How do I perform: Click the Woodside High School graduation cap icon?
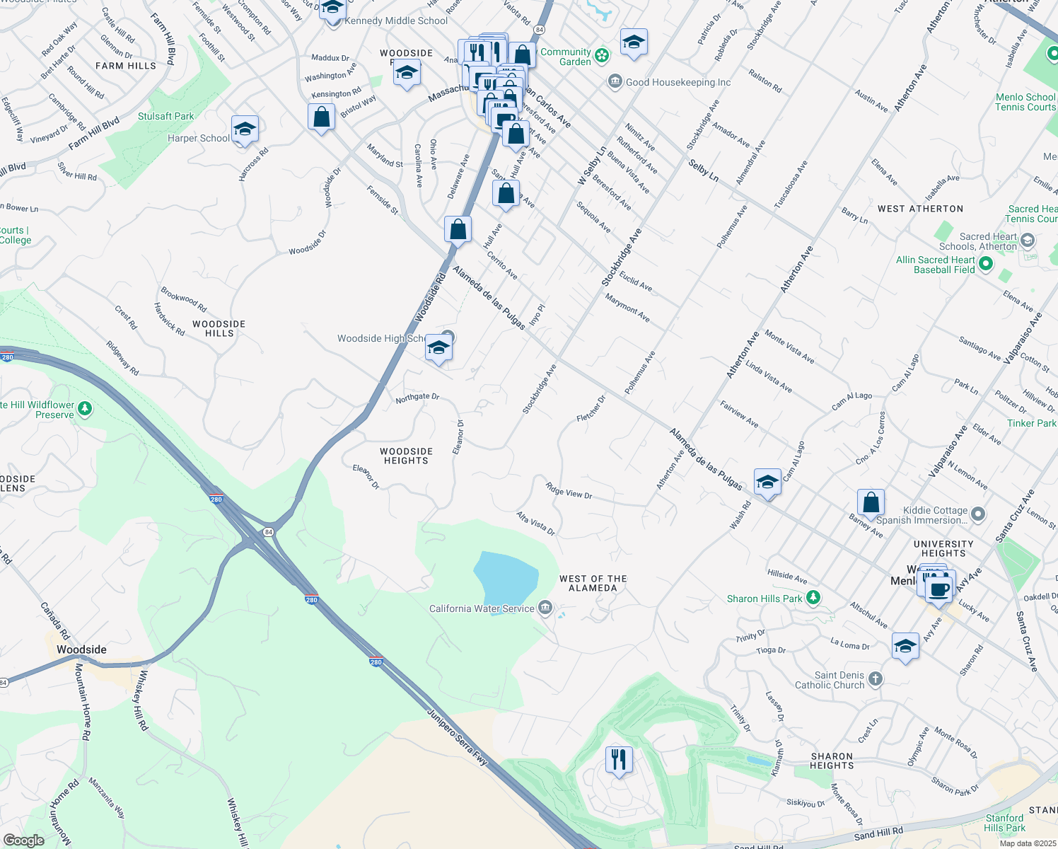438,349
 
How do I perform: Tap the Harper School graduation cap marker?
245,129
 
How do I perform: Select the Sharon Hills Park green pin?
813,599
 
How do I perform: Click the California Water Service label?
482,608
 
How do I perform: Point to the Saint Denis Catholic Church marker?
876,679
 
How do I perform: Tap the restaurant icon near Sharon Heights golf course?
619,760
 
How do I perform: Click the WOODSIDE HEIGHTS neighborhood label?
406,456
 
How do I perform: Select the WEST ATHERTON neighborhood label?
920,209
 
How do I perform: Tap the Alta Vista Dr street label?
535,523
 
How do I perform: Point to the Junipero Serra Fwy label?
458,736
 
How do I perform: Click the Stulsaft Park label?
165,116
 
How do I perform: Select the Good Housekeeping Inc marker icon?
615,82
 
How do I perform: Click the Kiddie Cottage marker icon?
977,514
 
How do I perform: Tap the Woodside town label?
81,649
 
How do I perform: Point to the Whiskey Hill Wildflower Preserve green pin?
85,408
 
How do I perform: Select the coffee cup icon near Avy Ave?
939,589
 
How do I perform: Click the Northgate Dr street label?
417,398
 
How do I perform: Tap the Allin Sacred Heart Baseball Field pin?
985,264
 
